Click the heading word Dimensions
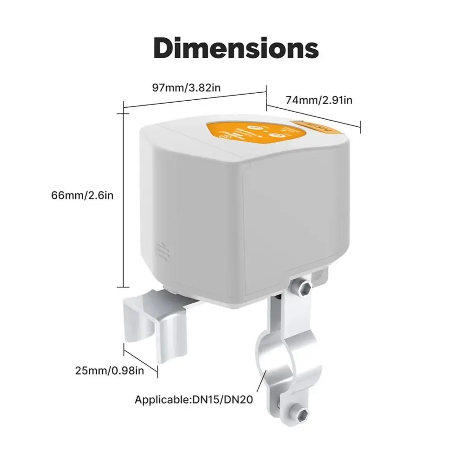pos(236,49)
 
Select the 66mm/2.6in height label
pos(82,195)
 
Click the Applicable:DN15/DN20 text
pos(194,400)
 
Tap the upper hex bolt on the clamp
pos(304,287)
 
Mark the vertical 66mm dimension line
pos(124,199)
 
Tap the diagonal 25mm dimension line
pos(140,362)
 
